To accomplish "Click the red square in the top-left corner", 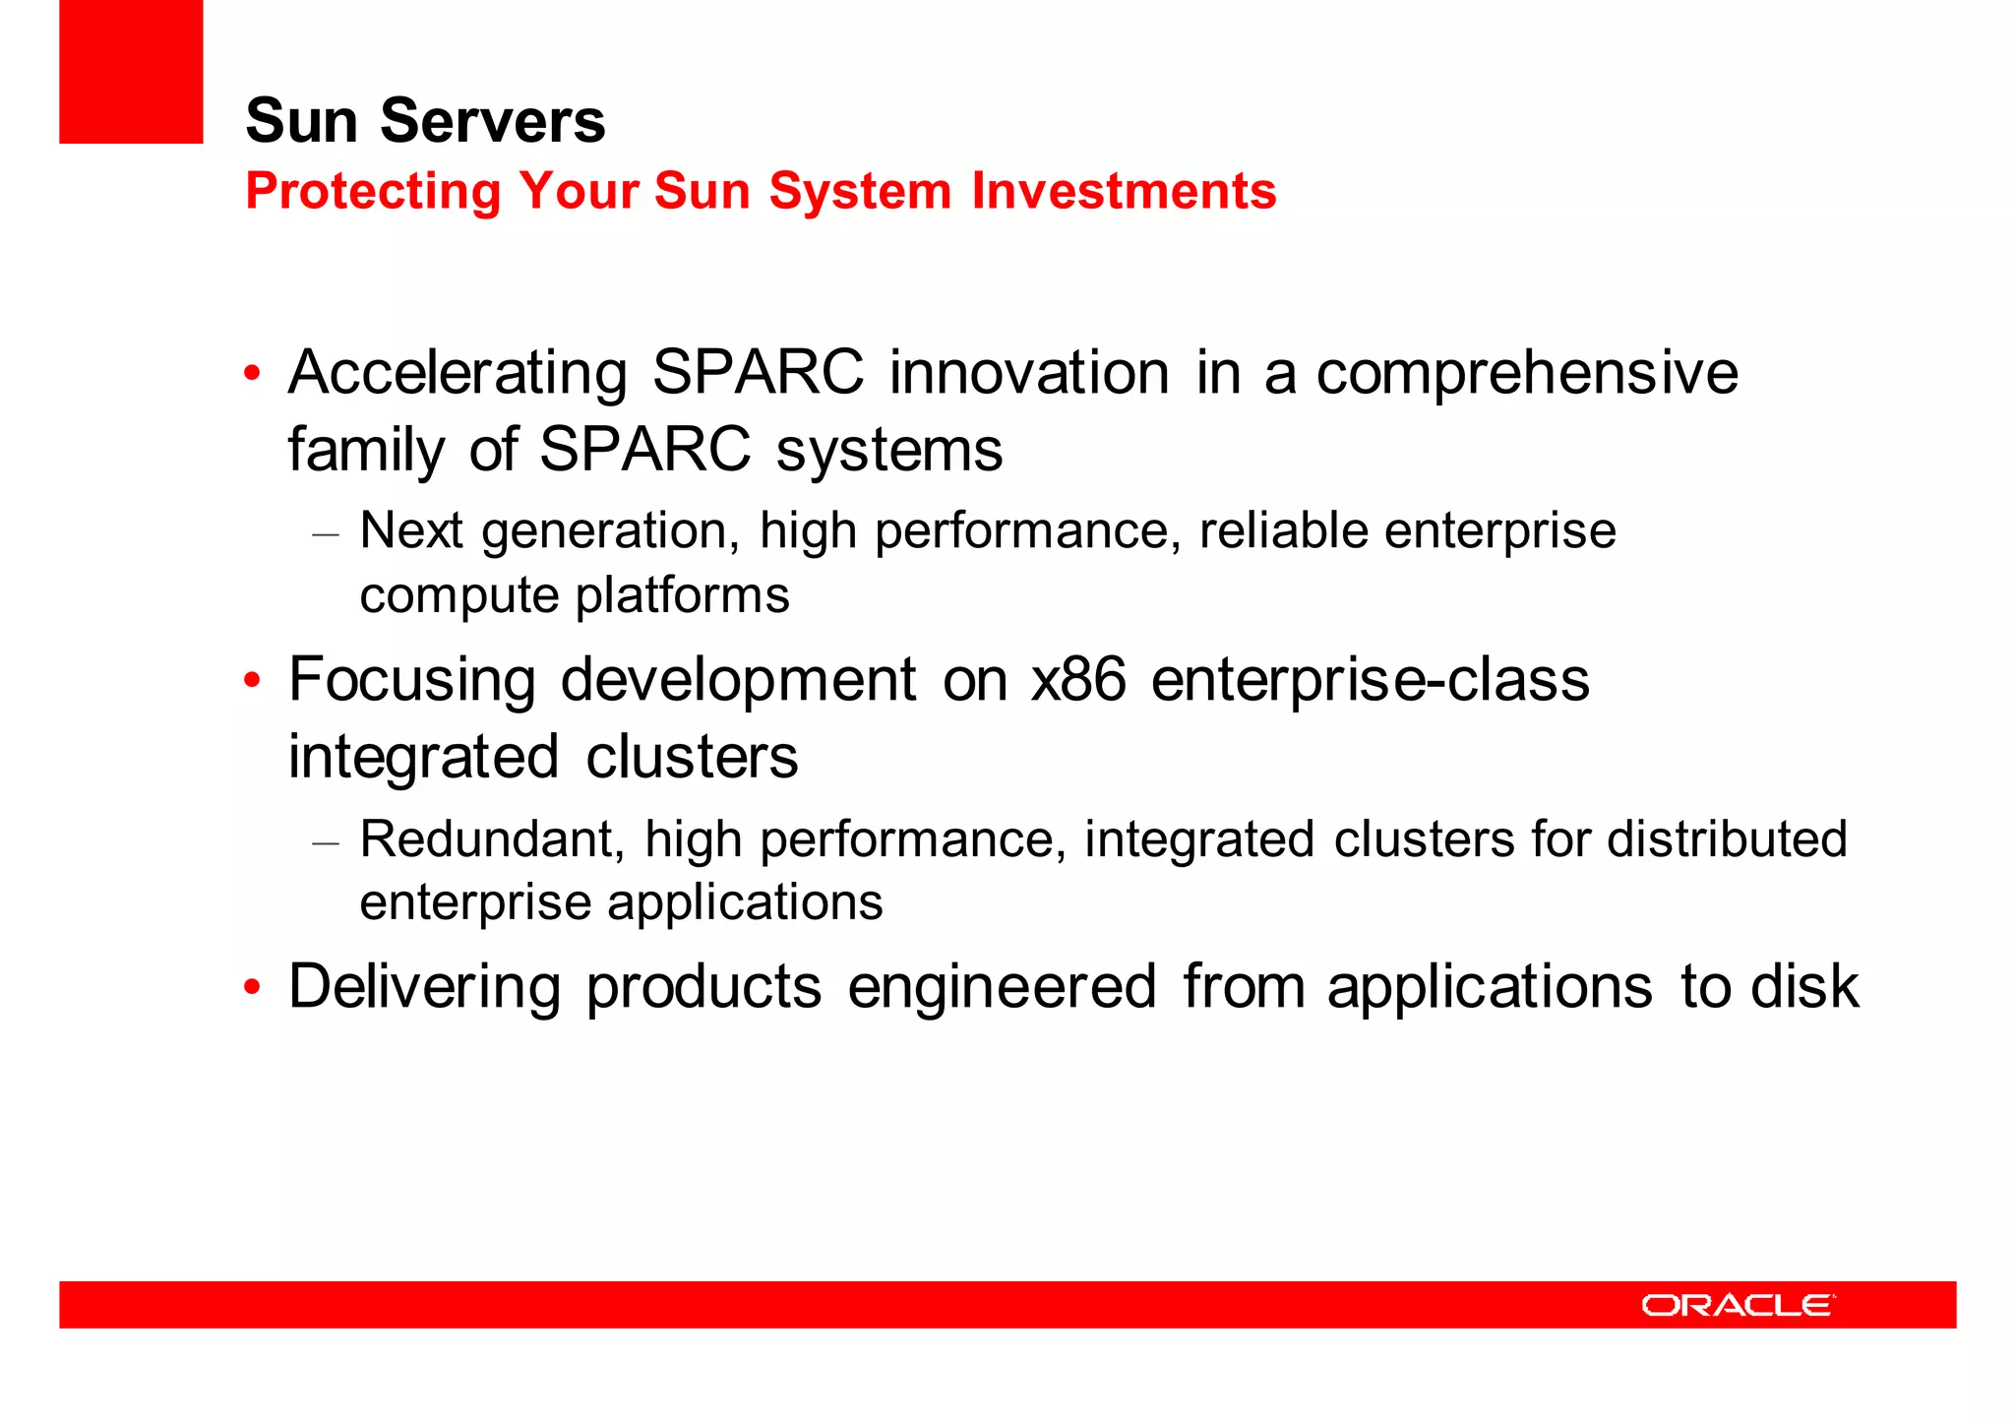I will tap(131, 71).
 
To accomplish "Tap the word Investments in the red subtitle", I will tap(1123, 191).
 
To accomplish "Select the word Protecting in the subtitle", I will tap(373, 191).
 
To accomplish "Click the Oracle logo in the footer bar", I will tap(1738, 1305).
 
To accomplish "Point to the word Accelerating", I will tap(458, 374).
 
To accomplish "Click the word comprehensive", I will tap(1526, 374).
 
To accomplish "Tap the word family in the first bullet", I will tap(366, 451).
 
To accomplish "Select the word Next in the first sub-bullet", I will tap(410, 531).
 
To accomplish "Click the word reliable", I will tap(1283, 531).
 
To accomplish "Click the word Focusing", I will tap(411, 681).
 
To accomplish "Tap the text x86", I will tap(1077, 681).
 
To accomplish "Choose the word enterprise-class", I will tap(1370, 681).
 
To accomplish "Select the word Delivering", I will tap(424, 987).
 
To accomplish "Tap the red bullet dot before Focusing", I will tap(253, 681).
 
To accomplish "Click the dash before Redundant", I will tap(325, 843).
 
